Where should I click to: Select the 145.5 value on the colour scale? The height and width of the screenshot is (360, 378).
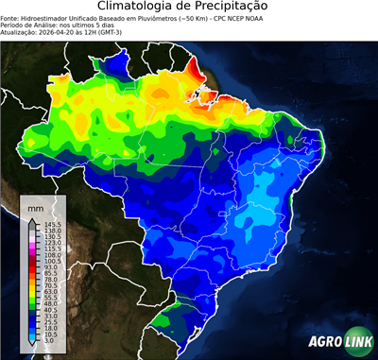click(52, 224)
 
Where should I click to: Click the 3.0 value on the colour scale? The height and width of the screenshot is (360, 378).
click(50, 342)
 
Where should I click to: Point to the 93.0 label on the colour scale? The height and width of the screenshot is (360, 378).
click(52, 267)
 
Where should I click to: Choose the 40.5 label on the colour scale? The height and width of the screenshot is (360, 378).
click(52, 311)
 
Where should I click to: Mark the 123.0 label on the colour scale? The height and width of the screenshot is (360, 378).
click(52, 243)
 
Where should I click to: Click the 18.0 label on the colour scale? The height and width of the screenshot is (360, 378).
click(52, 330)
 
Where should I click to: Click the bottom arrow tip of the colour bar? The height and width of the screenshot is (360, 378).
click(33, 347)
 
